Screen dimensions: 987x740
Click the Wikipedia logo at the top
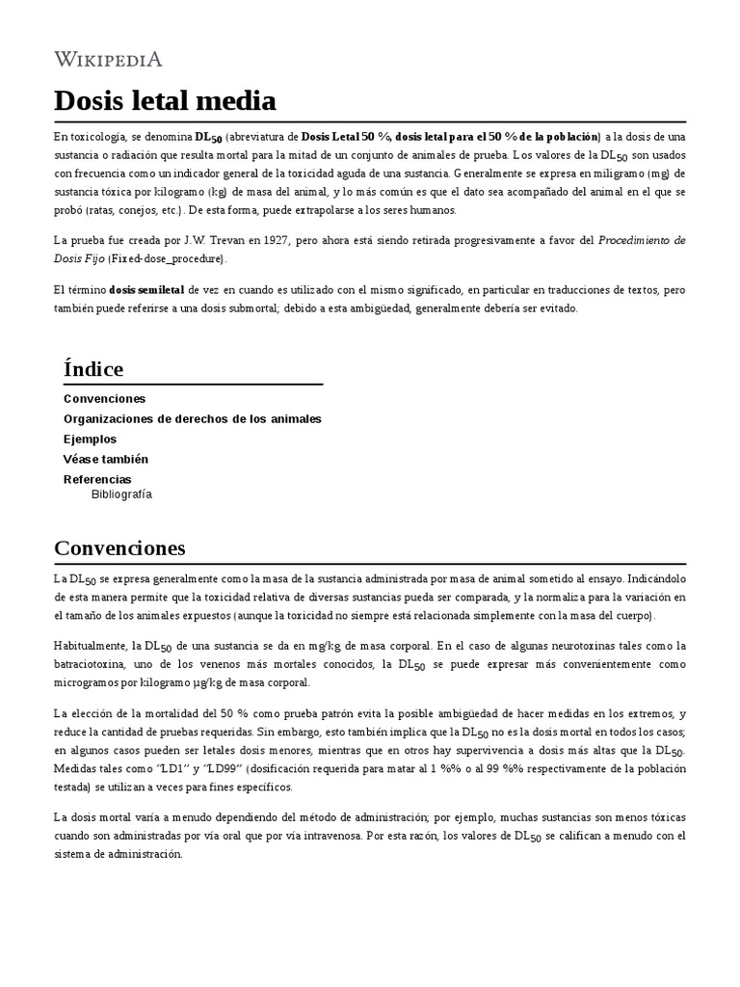[x=108, y=60]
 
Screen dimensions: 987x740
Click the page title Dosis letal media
[x=165, y=100]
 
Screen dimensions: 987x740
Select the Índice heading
[x=93, y=369]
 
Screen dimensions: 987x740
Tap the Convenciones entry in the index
[x=104, y=398]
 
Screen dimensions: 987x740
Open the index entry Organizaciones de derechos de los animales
[x=193, y=418]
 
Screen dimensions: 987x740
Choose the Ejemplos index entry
[x=90, y=439]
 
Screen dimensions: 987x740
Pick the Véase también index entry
[x=106, y=459]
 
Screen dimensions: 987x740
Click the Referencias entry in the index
[x=97, y=479]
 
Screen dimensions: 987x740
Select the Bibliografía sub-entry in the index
[x=121, y=494]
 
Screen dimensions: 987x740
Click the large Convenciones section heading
[x=119, y=548]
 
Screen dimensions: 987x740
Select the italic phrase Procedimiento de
[x=643, y=240]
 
